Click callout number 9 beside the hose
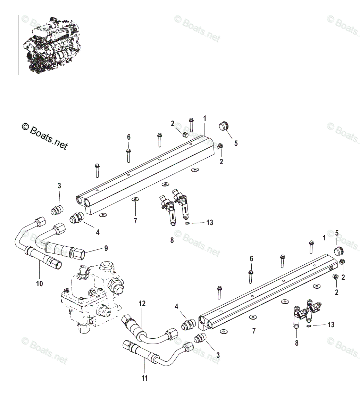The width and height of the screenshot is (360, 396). [106, 248]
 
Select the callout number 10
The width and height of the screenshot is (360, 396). [40, 284]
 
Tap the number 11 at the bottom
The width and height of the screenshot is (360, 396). [145, 378]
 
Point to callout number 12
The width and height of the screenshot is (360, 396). [142, 303]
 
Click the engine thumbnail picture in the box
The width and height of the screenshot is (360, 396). [51, 44]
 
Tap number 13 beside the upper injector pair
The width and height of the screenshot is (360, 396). [210, 223]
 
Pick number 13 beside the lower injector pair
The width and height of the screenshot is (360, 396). [331, 324]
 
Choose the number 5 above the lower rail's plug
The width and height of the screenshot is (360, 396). [336, 233]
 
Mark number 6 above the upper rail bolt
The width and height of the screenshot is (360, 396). [128, 137]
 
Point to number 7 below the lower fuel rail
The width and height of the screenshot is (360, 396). [254, 331]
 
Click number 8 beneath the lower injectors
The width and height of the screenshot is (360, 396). [296, 343]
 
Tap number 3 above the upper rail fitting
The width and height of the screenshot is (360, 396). [59, 186]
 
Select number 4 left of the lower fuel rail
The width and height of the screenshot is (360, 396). [177, 307]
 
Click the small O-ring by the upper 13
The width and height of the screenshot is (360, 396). [187, 223]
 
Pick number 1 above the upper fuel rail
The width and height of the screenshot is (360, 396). [204, 118]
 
